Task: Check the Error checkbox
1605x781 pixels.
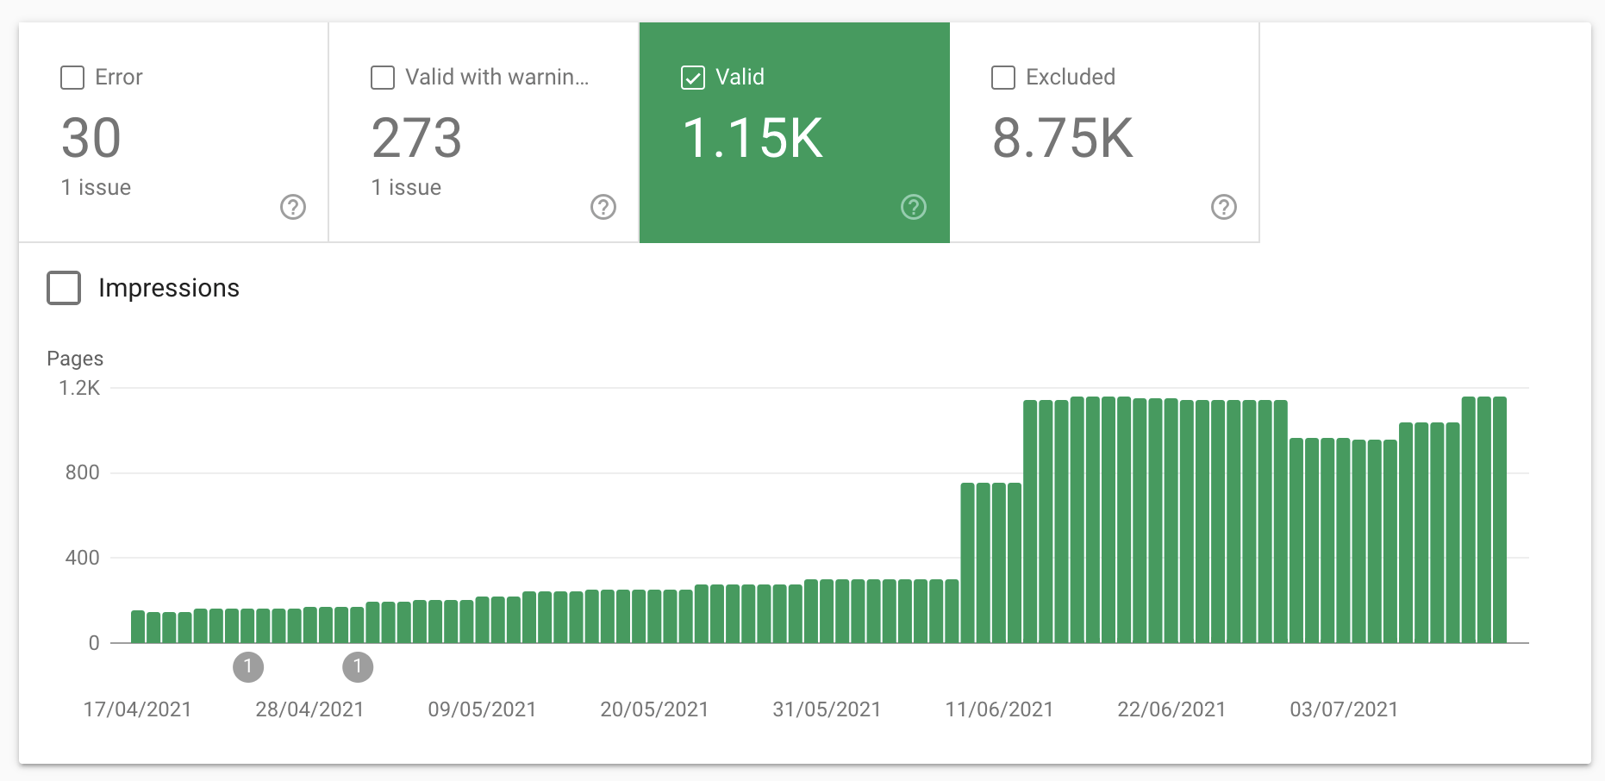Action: pyautogui.click(x=72, y=78)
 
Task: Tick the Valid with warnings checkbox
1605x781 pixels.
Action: pyautogui.click(x=383, y=78)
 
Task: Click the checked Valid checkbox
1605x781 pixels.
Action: pyautogui.click(x=693, y=78)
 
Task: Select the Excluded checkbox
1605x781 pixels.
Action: pyautogui.click(x=1003, y=78)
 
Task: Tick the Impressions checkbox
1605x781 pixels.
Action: pyautogui.click(x=64, y=288)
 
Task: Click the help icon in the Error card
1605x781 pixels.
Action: pyautogui.click(x=293, y=207)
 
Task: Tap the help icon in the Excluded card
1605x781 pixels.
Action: pyautogui.click(x=1224, y=207)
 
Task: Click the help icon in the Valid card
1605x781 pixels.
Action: pyautogui.click(x=914, y=207)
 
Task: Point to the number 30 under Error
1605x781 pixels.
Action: pyautogui.click(x=91, y=139)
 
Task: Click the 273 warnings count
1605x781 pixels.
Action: pyautogui.click(x=416, y=139)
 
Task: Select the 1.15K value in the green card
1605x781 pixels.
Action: pyautogui.click(x=753, y=139)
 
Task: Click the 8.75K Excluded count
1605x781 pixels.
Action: pyautogui.click(x=1063, y=139)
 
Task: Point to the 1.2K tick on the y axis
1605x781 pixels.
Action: pyautogui.click(x=79, y=388)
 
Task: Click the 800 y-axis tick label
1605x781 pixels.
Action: pyautogui.click(x=83, y=472)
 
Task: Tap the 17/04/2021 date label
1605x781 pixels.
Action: pyautogui.click(x=137, y=709)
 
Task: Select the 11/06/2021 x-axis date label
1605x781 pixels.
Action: pyautogui.click(x=999, y=709)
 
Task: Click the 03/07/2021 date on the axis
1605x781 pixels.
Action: pyautogui.click(x=1344, y=709)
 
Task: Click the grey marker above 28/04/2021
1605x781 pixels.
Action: pyautogui.click(x=248, y=666)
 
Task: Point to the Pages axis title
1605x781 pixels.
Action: pyautogui.click(x=75, y=359)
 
